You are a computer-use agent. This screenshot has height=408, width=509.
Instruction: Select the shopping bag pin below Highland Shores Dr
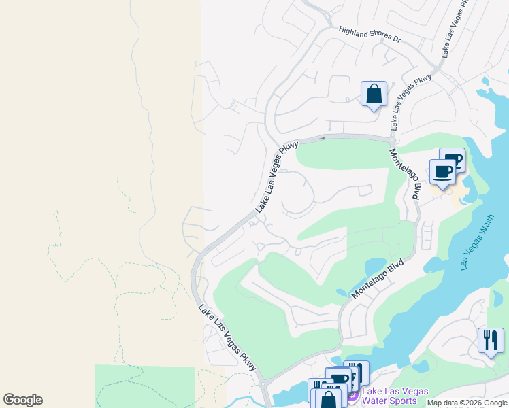click(374, 95)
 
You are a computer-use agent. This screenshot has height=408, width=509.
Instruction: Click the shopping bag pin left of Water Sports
click(328, 401)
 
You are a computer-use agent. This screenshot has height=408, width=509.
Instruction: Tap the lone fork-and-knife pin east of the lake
click(491, 341)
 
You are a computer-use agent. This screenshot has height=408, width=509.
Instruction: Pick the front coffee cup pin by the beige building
click(442, 172)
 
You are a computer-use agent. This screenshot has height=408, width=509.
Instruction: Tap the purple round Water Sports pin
click(352, 396)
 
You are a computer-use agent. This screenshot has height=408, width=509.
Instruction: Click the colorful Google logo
click(22, 400)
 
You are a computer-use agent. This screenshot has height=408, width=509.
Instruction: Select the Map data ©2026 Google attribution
click(467, 403)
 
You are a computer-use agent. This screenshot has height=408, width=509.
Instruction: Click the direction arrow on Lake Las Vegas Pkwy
click(323, 138)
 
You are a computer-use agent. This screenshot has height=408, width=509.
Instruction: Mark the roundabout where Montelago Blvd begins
click(393, 139)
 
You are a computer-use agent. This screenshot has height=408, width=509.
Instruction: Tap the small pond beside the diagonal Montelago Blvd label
click(376, 267)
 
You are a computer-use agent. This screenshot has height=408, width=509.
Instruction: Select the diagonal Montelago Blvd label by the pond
click(377, 277)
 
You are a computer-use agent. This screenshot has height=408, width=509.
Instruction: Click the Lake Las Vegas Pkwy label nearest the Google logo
click(227, 337)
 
